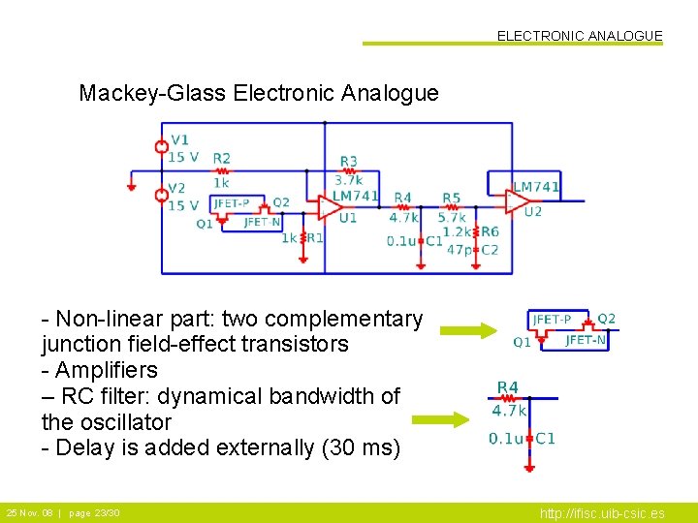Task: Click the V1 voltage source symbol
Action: pyautogui.click(x=163, y=147)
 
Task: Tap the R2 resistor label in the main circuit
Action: pyautogui.click(x=222, y=158)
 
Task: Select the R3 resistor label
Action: pyautogui.click(x=349, y=161)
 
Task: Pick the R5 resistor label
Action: pyautogui.click(x=451, y=199)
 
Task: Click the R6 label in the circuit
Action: pyautogui.click(x=491, y=231)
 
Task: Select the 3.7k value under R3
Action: pyautogui.click(x=348, y=180)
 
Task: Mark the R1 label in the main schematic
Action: pyautogui.click(x=315, y=237)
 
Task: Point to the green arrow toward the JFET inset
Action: pyautogui.click(x=467, y=331)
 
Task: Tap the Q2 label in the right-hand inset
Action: pyautogui.click(x=606, y=319)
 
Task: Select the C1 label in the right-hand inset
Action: pyautogui.click(x=546, y=439)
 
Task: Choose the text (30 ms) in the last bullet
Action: pyautogui.click(x=364, y=448)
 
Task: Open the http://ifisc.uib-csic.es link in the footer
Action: pyautogui.click(x=602, y=513)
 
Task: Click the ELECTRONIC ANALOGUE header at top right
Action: pyautogui.click(x=580, y=36)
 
